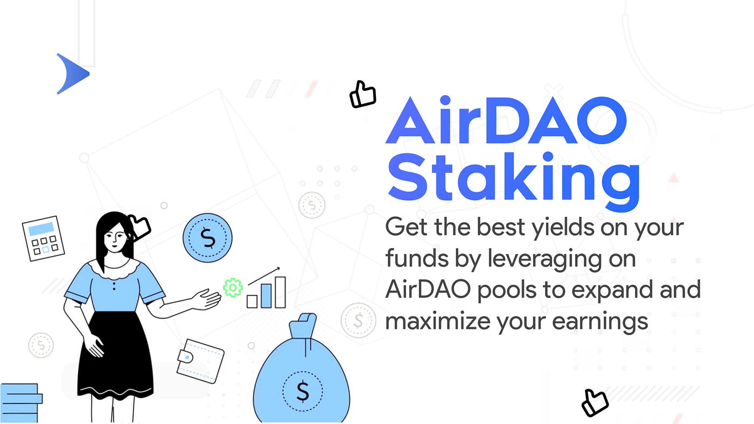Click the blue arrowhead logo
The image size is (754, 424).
[72, 74]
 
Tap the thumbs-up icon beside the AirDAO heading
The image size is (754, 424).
[362, 95]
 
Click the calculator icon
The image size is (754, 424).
[43, 238]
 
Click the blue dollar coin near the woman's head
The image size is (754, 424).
[207, 237]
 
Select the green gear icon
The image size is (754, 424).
[233, 288]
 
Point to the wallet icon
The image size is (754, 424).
[200, 360]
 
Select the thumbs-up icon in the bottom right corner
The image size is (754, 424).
[595, 402]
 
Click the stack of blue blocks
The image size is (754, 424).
[20, 403]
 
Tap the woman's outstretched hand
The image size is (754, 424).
[207, 299]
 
